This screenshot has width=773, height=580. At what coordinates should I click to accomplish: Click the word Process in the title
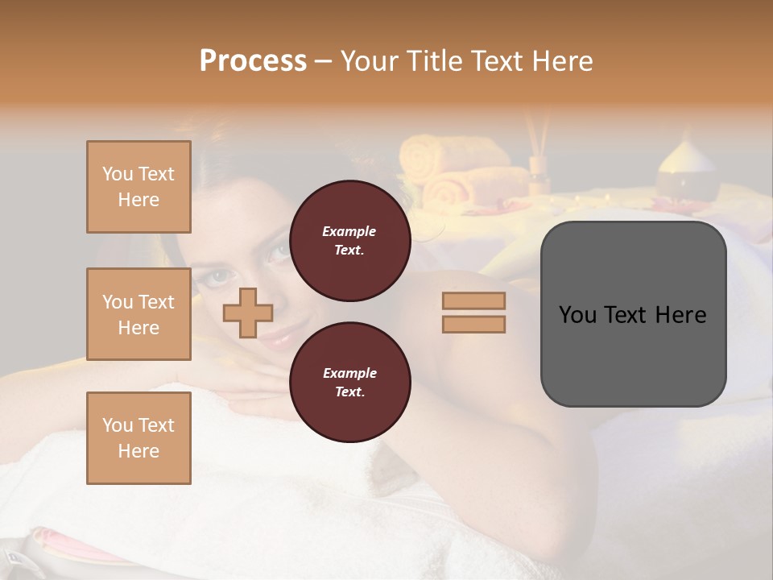tap(253, 61)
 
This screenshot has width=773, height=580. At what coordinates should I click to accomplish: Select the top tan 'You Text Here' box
tap(138, 187)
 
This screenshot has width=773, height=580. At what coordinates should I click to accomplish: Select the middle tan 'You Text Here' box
tap(138, 314)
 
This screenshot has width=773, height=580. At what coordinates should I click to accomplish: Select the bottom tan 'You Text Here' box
tap(138, 438)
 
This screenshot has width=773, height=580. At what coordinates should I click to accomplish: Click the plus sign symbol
tap(248, 313)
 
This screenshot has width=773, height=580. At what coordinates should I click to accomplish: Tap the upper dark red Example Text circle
tap(349, 241)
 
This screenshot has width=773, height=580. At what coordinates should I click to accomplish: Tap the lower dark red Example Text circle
tap(349, 383)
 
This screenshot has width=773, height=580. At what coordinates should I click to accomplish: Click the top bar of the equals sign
tap(473, 300)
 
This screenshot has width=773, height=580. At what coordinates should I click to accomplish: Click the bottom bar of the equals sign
tap(473, 325)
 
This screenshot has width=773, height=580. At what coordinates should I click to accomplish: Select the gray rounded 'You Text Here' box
tap(633, 354)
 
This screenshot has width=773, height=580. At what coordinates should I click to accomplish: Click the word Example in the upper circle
tap(349, 231)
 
